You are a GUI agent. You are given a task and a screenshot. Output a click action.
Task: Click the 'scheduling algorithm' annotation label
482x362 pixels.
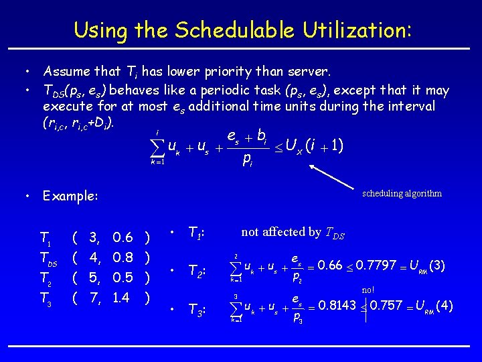pos(402,193)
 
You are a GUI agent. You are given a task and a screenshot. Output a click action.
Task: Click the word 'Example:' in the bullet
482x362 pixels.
pos(70,196)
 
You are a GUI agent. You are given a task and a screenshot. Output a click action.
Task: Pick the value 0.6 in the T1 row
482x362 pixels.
pos(123,237)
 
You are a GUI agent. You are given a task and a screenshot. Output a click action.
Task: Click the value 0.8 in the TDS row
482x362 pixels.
pos(123,257)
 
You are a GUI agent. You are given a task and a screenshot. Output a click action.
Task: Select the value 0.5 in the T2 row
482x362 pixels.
pos(123,277)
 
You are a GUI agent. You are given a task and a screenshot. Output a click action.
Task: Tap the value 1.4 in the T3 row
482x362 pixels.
pos(122,297)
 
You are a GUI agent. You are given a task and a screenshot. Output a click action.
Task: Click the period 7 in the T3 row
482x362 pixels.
pos(94,297)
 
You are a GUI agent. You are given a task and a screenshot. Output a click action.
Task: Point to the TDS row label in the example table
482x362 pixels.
pos(50,257)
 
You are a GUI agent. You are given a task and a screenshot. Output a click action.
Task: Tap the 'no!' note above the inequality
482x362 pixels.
pos(368,290)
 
